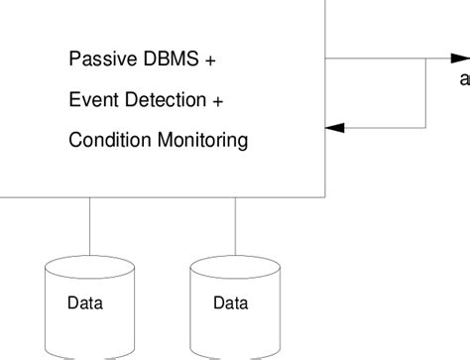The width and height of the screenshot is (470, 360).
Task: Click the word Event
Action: click(90, 100)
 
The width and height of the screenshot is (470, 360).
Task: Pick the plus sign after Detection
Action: click(217, 101)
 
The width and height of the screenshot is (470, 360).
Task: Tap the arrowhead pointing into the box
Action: click(336, 127)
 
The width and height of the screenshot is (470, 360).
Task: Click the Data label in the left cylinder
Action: click(85, 303)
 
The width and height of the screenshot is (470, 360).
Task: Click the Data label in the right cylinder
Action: click(230, 303)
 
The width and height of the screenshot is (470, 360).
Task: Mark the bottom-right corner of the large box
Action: click(325, 195)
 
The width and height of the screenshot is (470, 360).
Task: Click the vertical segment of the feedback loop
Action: click(426, 94)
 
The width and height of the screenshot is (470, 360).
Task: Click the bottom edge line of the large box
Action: click(159, 195)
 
